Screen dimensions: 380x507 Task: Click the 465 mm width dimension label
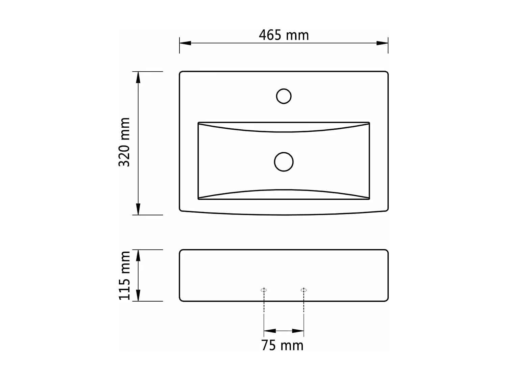pos(284,35)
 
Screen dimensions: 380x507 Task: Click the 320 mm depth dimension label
pos(124,142)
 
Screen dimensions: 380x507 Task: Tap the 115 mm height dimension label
pos(124,275)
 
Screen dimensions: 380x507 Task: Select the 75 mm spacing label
pos(282,346)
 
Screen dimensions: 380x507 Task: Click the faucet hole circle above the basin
pos(284,96)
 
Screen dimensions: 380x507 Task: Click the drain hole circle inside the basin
pos(284,162)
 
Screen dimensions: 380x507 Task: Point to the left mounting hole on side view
pos(264,290)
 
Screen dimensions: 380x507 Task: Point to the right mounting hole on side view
pos(304,290)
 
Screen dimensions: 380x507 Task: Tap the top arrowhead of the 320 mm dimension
pos(138,77)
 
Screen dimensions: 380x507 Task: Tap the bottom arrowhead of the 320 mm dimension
pos(138,209)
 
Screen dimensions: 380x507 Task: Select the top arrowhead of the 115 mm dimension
pos(138,255)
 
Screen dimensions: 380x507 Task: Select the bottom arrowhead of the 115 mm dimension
pos(138,296)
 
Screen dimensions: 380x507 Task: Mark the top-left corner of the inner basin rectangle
pos(198,123)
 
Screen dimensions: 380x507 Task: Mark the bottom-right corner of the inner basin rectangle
pos(369,199)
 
